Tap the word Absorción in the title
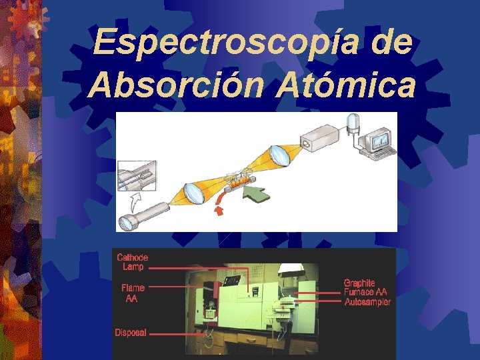click(169, 85)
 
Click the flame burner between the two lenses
click(238, 180)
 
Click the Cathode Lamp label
click(132, 262)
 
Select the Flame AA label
click(132, 294)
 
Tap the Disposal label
click(131, 331)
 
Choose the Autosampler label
click(367, 303)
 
